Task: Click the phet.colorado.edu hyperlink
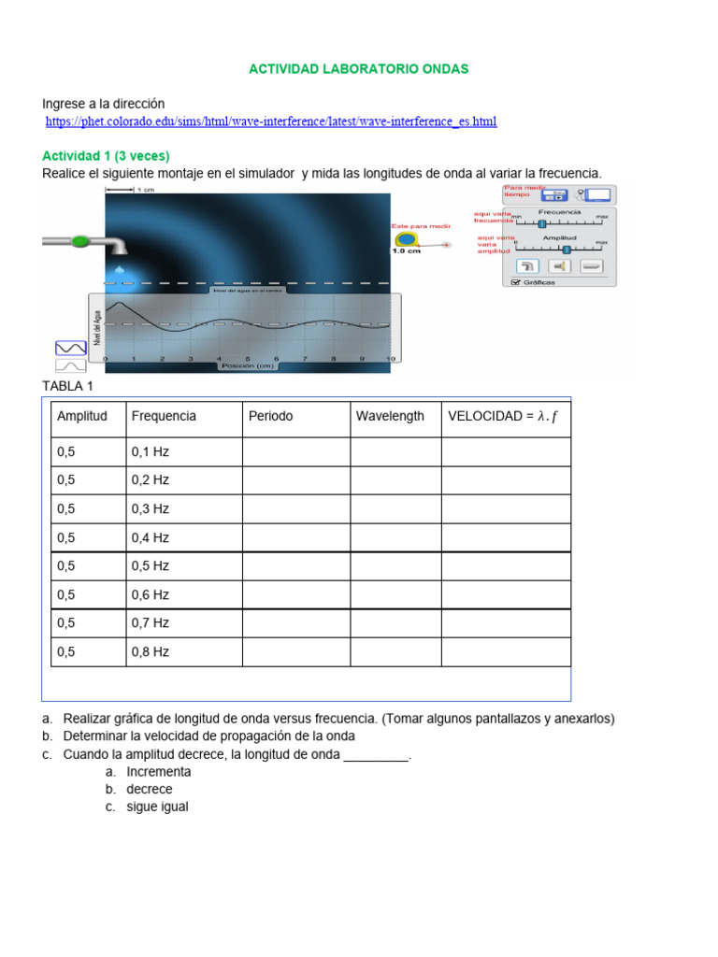pyautogui.click(x=271, y=121)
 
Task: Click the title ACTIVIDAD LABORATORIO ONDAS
pyautogui.click(x=358, y=69)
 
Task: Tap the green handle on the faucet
pyautogui.click(x=80, y=241)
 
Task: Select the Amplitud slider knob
pyautogui.click(x=567, y=249)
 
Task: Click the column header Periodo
pyautogui.click(x=270, y=416)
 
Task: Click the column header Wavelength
pyautogui.click(x=390, y=416)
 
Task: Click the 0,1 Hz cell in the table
pyautogui.click(x=151, y=452)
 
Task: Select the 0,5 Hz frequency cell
pyautogui.click(x=151, y=566)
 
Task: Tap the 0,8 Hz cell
pyautogui.click(x=151, y=652)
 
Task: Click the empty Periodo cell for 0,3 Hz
pyautogui.click(x=296, y=509)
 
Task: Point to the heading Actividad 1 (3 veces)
pyautogui.click(x=106, y=155)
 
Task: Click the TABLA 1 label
pyautogui.click(x=68, y=386)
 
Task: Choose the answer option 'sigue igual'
pyautogui.click(x=157, y=807)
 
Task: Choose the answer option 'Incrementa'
pyautogui.click(x=159, y=772)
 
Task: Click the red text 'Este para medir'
pyautogui.click(x=421, y=226)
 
